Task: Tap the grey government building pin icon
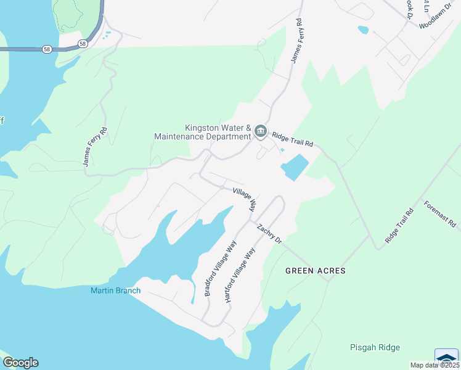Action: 261,131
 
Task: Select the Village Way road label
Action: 244,200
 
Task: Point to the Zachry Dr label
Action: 269,233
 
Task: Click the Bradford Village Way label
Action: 221,269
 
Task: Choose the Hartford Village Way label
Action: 240,274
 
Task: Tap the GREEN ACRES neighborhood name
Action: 315,271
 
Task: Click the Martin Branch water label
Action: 115,290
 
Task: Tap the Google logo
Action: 20,363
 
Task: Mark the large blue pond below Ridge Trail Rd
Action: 295,166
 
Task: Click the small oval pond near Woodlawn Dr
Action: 363,30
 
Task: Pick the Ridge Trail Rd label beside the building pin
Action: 293,139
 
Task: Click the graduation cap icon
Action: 446,358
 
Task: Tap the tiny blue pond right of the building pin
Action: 282,150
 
